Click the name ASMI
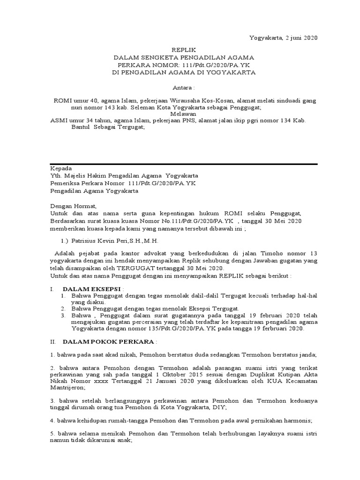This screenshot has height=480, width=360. point(59,120)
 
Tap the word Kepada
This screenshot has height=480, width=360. point(61,168)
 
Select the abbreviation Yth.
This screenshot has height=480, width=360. point(56,176)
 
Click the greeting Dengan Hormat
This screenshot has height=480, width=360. point(73,206)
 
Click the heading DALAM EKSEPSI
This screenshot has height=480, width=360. point(92,289)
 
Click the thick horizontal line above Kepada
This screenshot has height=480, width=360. point(184,164)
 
